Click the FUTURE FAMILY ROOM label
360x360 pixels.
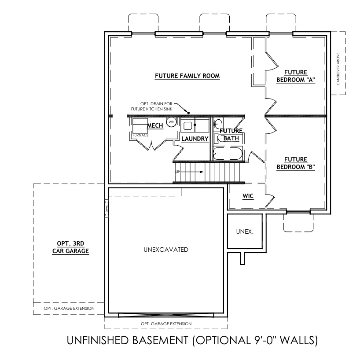pos(187,76)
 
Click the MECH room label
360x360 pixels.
pos(155,126)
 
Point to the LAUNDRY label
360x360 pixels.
pos(195,139)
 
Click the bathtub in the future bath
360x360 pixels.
pos(227,154)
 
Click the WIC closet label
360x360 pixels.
pos(248,196)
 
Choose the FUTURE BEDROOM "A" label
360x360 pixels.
pos(296,76)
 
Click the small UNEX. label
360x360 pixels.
pos(245,231)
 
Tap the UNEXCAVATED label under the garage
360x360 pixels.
pos(166,250)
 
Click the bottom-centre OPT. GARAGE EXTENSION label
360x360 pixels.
pos(166,324)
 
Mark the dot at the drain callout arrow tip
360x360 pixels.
pos(187,112)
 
